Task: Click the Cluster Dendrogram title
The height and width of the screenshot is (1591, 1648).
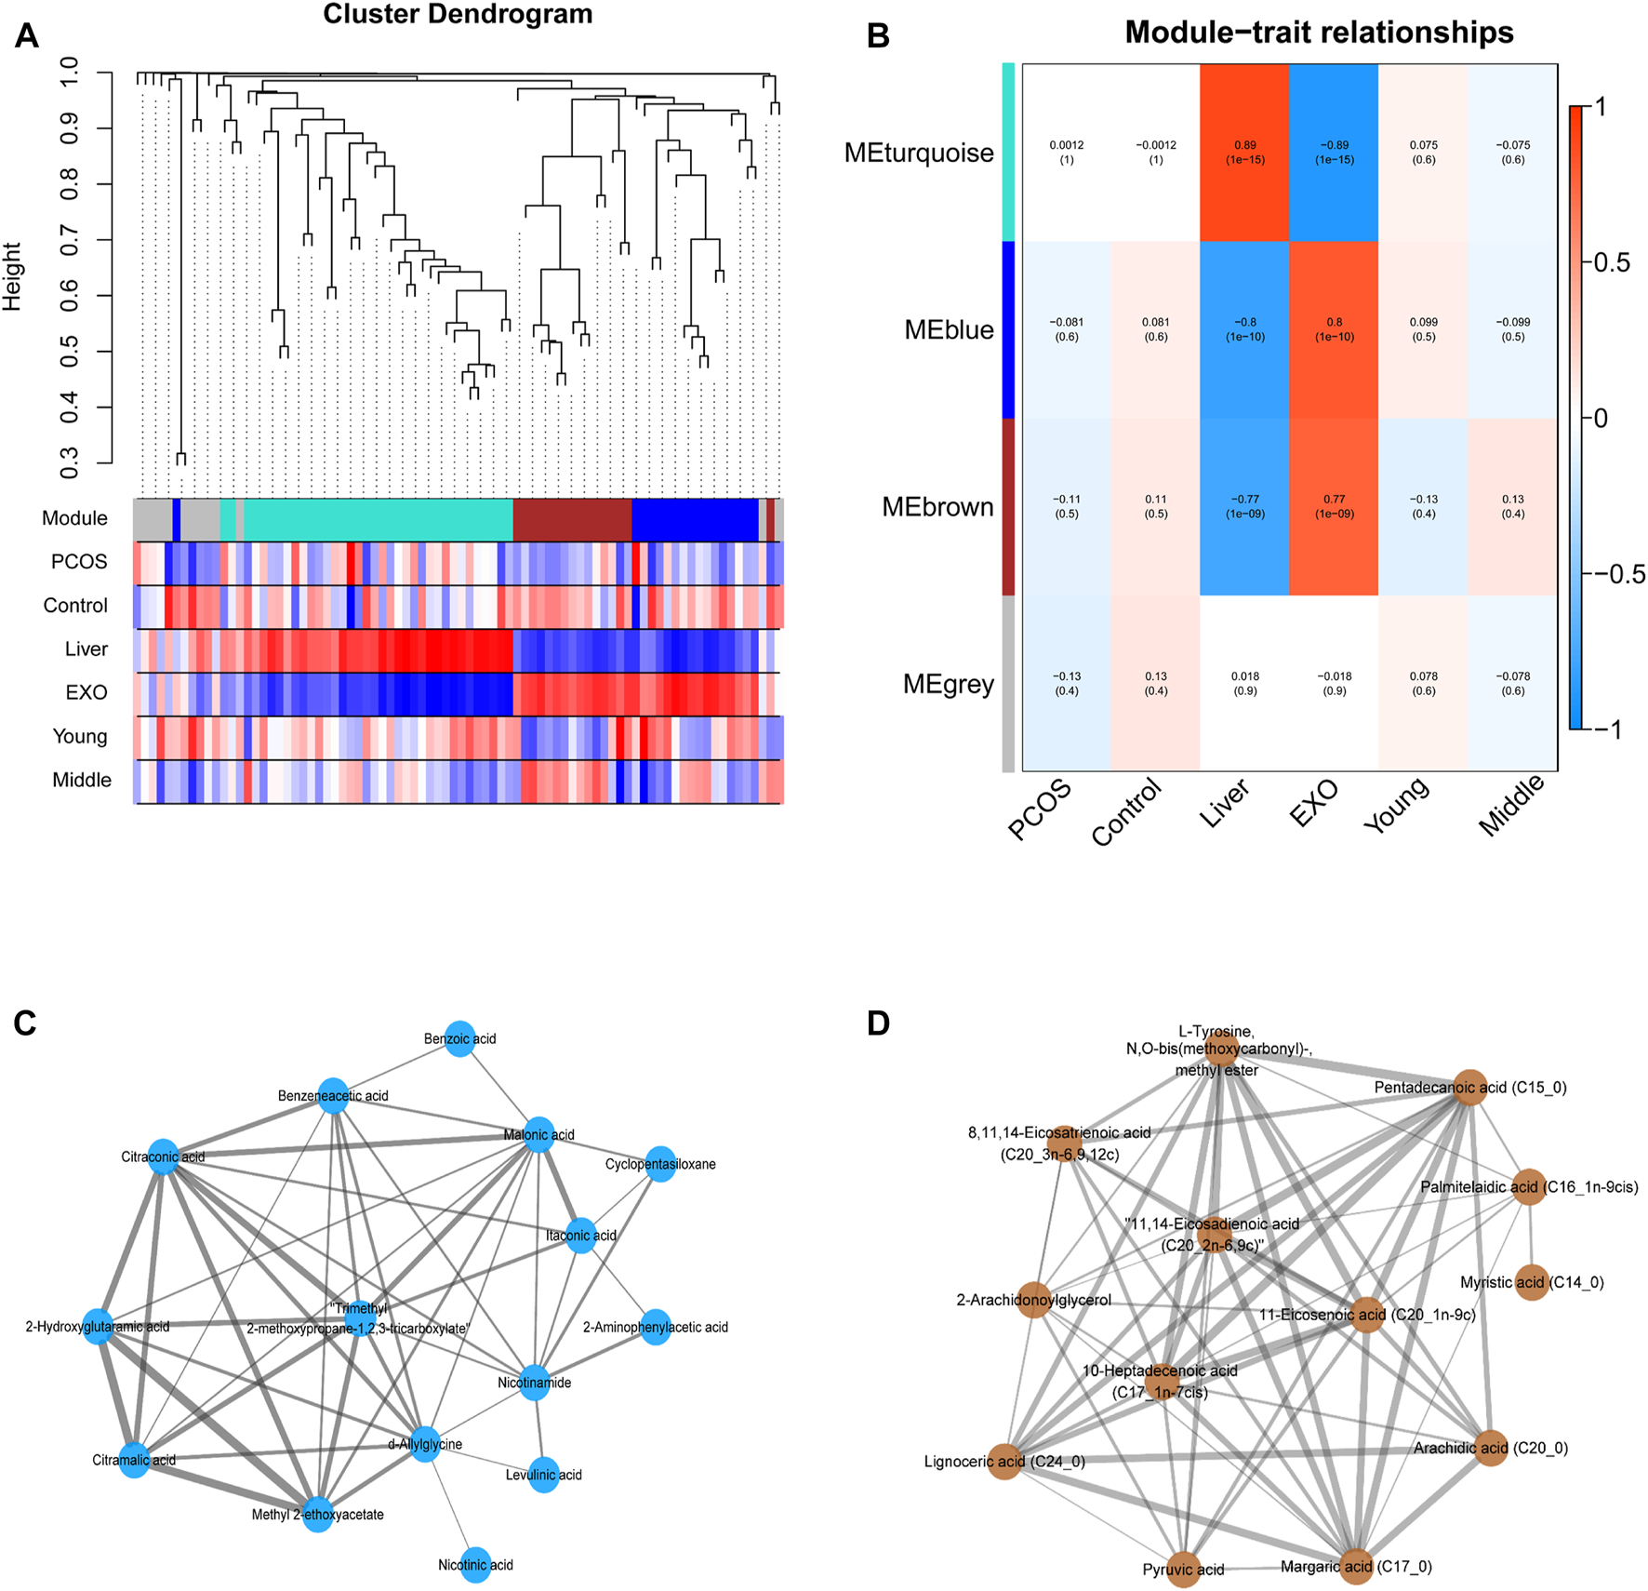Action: pyautogui.click(x=458, y=15)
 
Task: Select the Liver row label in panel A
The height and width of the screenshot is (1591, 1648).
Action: pyautogui.click(x=86, y=649)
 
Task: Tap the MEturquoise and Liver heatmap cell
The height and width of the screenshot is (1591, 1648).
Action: pyautogui.click(x=1244, y=153)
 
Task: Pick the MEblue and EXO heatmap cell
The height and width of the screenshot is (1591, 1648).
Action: pyautogui.click(x=1334, y=329)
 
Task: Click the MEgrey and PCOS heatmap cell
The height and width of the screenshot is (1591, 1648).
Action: pyautogui.click(x=1067, y=684)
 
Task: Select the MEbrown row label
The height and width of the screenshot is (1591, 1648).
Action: pyautogui.click(x=937, y=507)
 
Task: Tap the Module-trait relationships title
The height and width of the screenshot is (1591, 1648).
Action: pyautogui.click(x=1319, y=33)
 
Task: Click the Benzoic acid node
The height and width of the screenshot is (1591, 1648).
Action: pyautogui.click(x=460, y=1039)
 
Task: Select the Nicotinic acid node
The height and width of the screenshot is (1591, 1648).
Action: pyautogui.click(x=475, y=1565)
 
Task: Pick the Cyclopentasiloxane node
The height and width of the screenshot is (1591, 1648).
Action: pyautogui.click(x=660, y=1164)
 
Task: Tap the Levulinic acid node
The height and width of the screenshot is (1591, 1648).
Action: pyautogui.click(x=543, y=1475)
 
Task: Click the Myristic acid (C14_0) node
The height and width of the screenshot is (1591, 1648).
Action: pyautogui.click(x=1531, y=1282)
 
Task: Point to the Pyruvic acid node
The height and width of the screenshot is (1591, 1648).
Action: pyautogui.click(x=1183, y=1570)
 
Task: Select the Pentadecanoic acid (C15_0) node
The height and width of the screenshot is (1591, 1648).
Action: pyautogui.click(x=1469, y=1088)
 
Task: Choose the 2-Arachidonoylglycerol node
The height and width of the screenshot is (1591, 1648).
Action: pyautogui.click(x=1034, y=1300)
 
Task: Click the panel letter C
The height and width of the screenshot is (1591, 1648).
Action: pyautogui.click(x=25, y=1023)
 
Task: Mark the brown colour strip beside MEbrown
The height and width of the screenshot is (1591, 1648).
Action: pyautogui.click(x=1008, y=507)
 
